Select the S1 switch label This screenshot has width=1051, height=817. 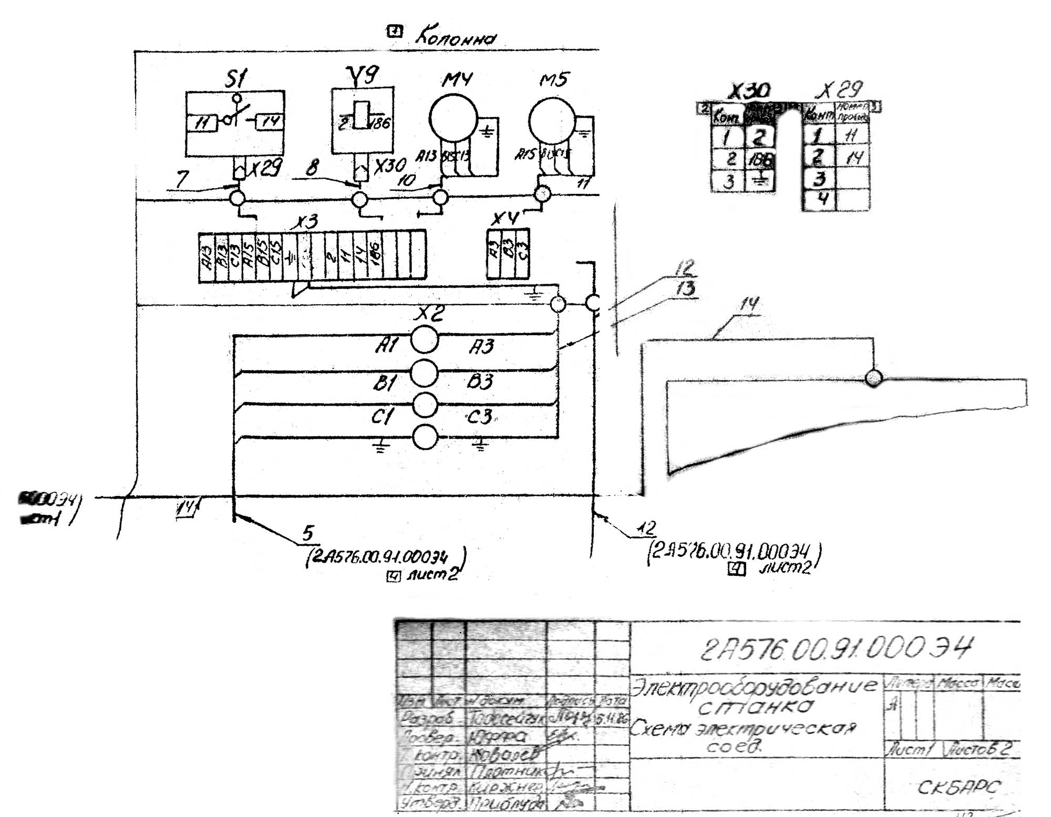coord(236,79)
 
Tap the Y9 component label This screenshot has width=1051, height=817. coord(363,75)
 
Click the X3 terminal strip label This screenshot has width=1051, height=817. coord(307,221)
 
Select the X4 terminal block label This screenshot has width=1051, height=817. coord(505,218)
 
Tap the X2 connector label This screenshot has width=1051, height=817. coord(429,314)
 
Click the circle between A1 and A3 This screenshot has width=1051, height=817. coord(424,340)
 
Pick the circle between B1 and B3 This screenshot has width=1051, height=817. coord(424,373)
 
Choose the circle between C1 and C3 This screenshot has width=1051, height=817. coord(425,405)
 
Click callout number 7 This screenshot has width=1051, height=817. coord(182,179)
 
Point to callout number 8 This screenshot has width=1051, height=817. coord(312,168)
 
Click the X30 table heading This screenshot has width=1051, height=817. coord(749,91)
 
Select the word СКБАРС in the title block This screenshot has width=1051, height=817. coord(959,787)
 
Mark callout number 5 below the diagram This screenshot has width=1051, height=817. coord(308,533)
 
